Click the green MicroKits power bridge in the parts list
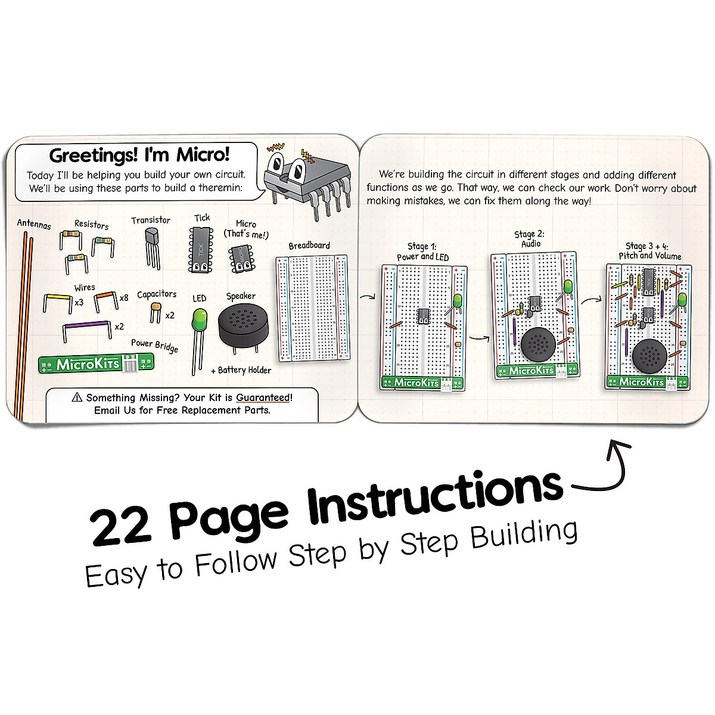click(95, 363)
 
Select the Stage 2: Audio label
click(530, 239)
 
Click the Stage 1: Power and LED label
click(422, 251)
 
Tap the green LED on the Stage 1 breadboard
click(458, 301)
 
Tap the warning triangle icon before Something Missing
click(76, 397)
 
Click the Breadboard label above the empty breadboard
click(309, 245)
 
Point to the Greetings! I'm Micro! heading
click(139, 155)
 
